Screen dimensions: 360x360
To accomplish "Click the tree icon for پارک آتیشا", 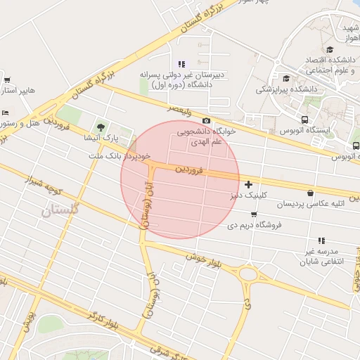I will [102, 127].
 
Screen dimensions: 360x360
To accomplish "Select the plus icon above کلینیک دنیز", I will [248, 184].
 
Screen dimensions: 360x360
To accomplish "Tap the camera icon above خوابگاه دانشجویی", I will [206, 121].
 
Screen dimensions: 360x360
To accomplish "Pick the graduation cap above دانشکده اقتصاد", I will [330, 49].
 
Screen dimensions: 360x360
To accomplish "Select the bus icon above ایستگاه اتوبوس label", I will [304, 120].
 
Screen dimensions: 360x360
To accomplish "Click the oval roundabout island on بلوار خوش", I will [248, 274].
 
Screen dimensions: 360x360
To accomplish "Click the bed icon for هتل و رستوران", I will [6, 112].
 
